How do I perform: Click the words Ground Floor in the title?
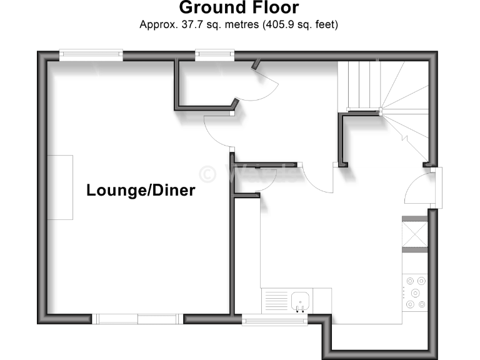(239, 8)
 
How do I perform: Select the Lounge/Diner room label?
(141, 191)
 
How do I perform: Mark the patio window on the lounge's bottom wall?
(138, 319)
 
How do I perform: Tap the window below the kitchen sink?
(275, 321)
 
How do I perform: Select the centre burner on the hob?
(416, 292)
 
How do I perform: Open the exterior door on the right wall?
(417, 188)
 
